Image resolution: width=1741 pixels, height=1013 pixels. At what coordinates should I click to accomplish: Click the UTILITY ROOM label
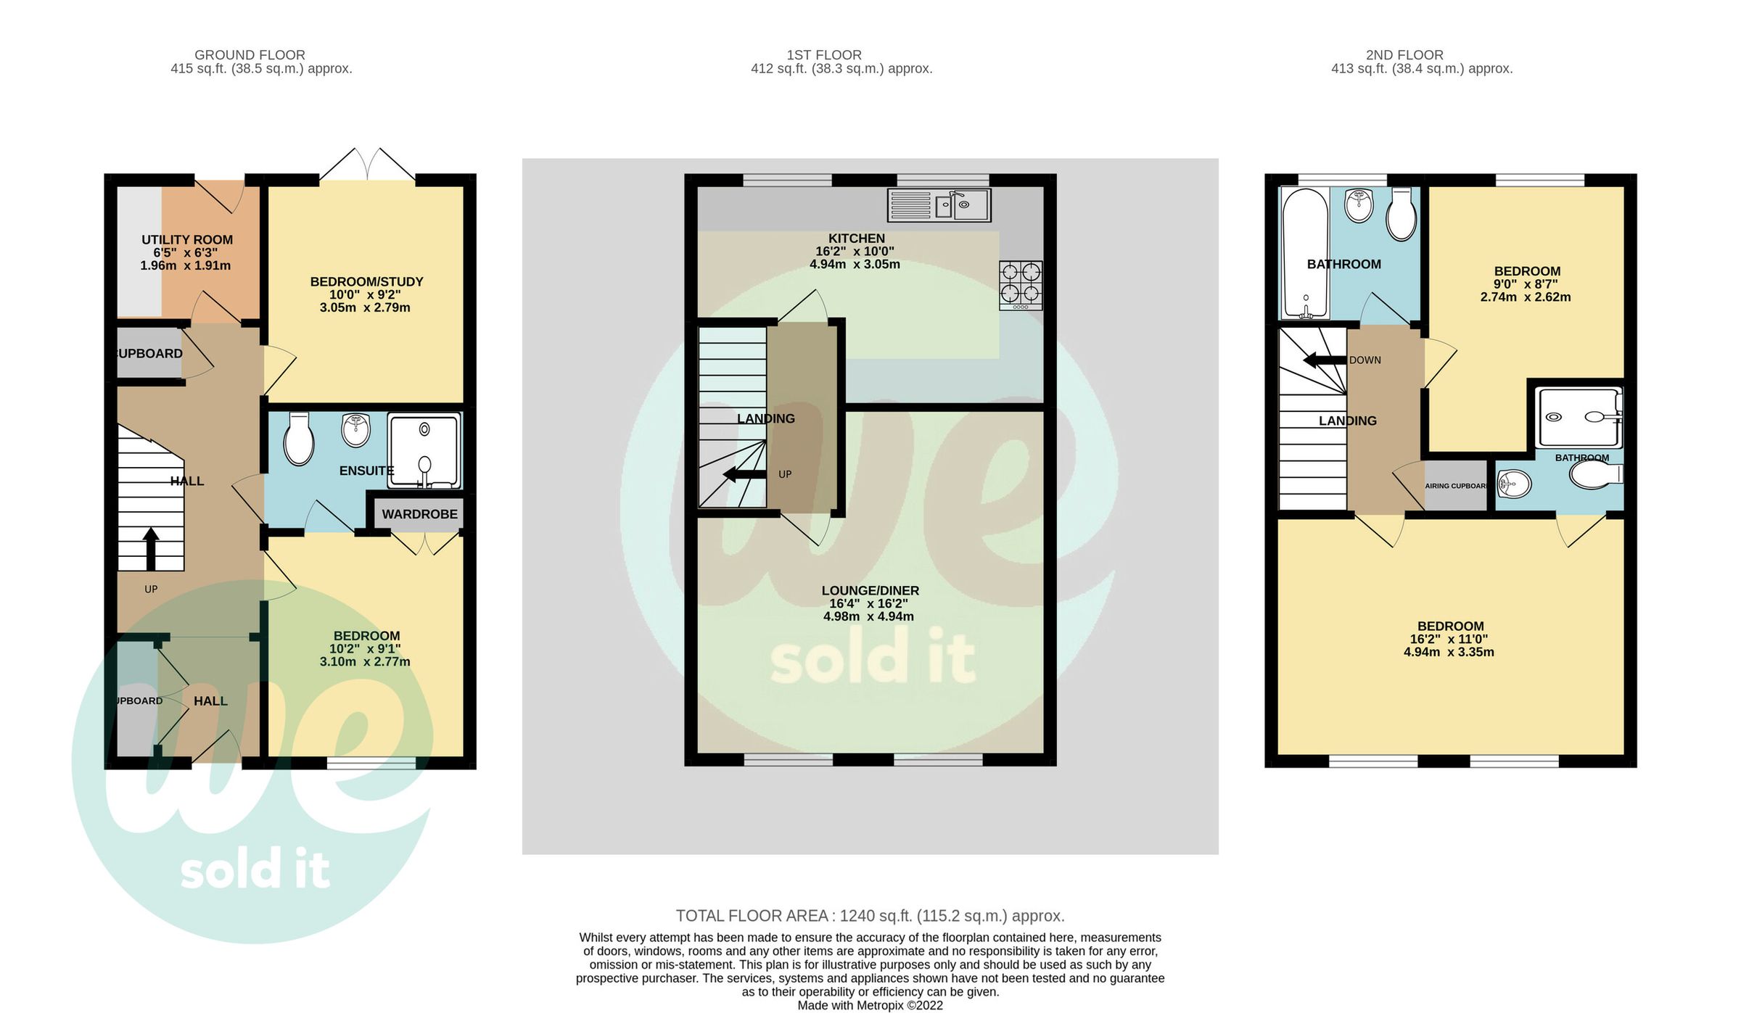tap(187, 240)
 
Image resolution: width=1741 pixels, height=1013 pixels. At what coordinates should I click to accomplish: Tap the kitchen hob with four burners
tap(1021, 284)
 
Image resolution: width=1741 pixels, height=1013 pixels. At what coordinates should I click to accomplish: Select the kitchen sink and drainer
tap(939, 205)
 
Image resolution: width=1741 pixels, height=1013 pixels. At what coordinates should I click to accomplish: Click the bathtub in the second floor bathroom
tap(1305, 253)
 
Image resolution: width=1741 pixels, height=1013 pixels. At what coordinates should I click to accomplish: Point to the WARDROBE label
tap(419, 514)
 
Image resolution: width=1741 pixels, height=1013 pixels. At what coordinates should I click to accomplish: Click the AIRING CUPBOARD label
tap(1456, 486)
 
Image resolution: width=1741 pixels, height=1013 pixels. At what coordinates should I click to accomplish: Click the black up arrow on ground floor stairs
tap(151, 549)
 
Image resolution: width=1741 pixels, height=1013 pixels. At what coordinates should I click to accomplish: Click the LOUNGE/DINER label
tap(870, 591)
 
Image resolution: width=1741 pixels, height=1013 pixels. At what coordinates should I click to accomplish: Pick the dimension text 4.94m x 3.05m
tap(855, 265)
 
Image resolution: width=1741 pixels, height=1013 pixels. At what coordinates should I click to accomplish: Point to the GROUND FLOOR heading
tap(250, 55)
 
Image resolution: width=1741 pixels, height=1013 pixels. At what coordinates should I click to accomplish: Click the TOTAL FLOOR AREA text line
tap(870, 916)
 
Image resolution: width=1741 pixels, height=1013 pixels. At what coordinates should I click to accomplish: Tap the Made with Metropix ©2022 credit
tap(870, 1005)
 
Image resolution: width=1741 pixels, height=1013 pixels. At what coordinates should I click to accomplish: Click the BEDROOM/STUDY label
tap(366, 282)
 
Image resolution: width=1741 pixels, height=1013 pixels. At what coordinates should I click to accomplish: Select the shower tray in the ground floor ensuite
tap(424, 450)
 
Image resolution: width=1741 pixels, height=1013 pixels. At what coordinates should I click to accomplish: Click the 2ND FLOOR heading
tap(1404, 55)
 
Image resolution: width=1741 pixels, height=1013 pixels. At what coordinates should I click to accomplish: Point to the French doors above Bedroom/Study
tap(368, 165)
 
